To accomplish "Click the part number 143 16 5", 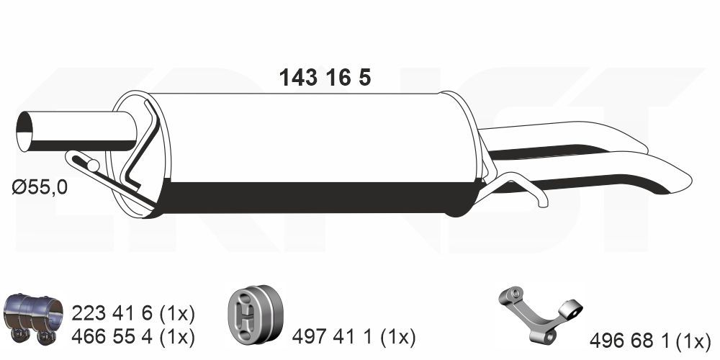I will pos(325,78).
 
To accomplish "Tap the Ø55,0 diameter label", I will pos(40,189).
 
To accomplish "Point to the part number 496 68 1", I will pos(627,340).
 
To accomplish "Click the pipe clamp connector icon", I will pos(33,318).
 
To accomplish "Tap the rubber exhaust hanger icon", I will pos(257,315).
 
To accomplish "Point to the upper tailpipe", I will pos(569,137).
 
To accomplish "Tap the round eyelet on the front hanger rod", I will pos(92,166).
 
